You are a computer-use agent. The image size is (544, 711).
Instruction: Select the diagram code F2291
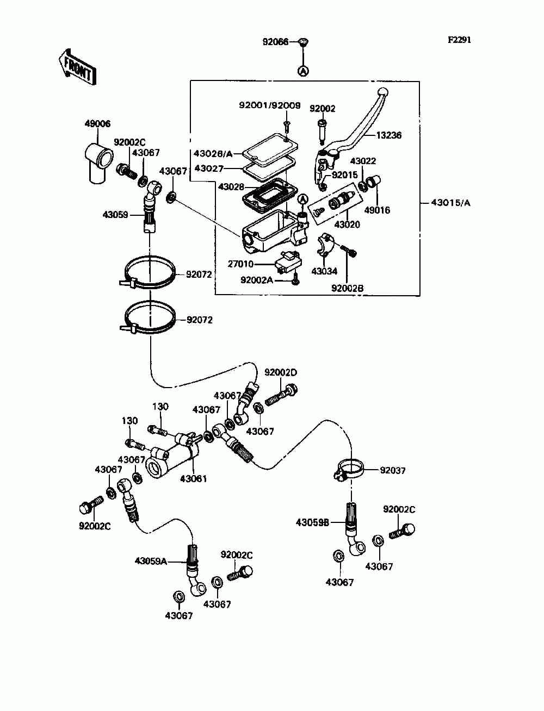tap(459, 40)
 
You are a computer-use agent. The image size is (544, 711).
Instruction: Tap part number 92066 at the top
tap(275, 42)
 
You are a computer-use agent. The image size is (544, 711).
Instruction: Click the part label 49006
tap(97, 123)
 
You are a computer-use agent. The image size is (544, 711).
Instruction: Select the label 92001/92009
tap(270, 105)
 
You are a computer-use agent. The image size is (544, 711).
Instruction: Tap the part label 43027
tap(209, 169)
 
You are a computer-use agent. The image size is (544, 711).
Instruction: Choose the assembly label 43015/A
tap(450, 203)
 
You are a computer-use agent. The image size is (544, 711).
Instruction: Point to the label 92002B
tap(347, 288)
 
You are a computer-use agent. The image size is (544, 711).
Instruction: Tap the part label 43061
tap(193, 478)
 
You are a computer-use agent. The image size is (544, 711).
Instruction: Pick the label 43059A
tap(151, 561)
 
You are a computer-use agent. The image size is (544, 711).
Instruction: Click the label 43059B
tap(312, 522)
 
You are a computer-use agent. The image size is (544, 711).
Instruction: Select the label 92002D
tap(281, 372)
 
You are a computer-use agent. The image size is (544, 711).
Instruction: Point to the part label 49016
tap(377, 210)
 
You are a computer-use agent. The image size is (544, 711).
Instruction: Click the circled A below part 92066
tap(304, 71)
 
